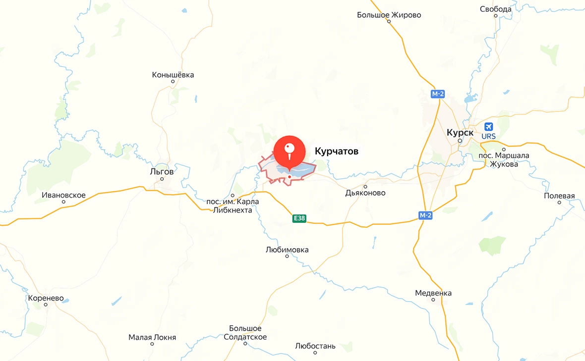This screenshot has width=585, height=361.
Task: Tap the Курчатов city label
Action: coord(336,151)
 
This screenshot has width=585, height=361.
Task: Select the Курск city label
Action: coord(460,133)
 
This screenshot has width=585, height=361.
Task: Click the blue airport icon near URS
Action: coord(488,127)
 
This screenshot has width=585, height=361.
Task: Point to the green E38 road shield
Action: coord(299,218)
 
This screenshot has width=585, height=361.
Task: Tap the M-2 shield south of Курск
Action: coord(425,215)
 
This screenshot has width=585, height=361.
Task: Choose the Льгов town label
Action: coord(162,171)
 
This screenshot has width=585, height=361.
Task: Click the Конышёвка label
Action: coord(173,75)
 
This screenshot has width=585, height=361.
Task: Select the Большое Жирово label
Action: coord(389,15)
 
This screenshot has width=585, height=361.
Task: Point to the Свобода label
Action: coord(496,9)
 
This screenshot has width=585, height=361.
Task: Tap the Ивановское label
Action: coord(63,195)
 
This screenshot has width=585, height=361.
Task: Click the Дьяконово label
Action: coord(365,193)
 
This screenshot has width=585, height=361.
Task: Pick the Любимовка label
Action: coord(287,250)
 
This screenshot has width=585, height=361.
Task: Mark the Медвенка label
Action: coord(433,293)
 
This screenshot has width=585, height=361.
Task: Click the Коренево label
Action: coord(46,299)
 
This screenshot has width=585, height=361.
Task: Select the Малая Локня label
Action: coord(152,337)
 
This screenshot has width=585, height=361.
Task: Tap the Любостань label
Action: coord(315,346)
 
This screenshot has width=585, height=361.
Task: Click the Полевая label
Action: coord(559,196)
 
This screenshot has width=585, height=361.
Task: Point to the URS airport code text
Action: coord(488,136)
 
